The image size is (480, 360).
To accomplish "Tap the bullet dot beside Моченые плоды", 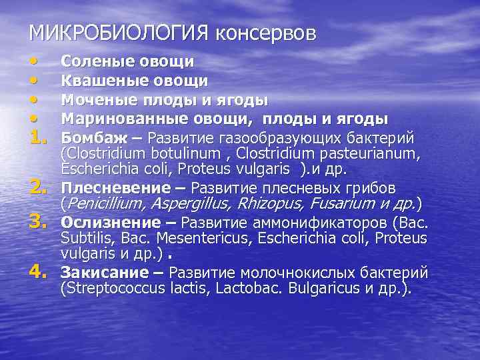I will (34, 99).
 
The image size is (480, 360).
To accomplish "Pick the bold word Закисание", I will (103, 273).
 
